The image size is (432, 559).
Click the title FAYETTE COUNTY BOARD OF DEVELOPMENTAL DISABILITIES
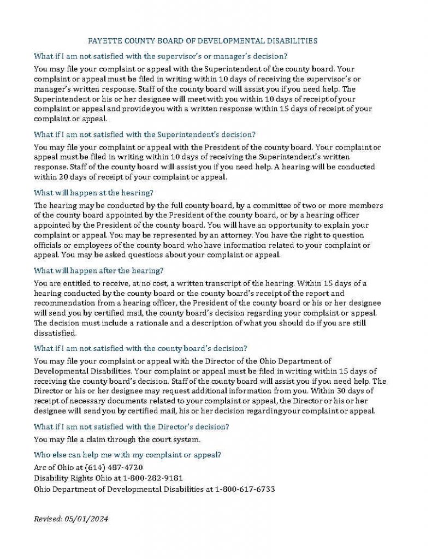[x=203, y=41]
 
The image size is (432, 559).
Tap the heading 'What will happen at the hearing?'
[x=93, y=193]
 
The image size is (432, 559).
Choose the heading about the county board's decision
[x=140, y=348]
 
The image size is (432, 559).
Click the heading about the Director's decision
[x=131, y=426]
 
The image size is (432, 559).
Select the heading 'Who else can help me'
[x=127, y=455]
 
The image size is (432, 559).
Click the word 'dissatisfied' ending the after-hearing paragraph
[x=55, y=332]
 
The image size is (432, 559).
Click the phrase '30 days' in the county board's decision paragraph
[x=363, y=391]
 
